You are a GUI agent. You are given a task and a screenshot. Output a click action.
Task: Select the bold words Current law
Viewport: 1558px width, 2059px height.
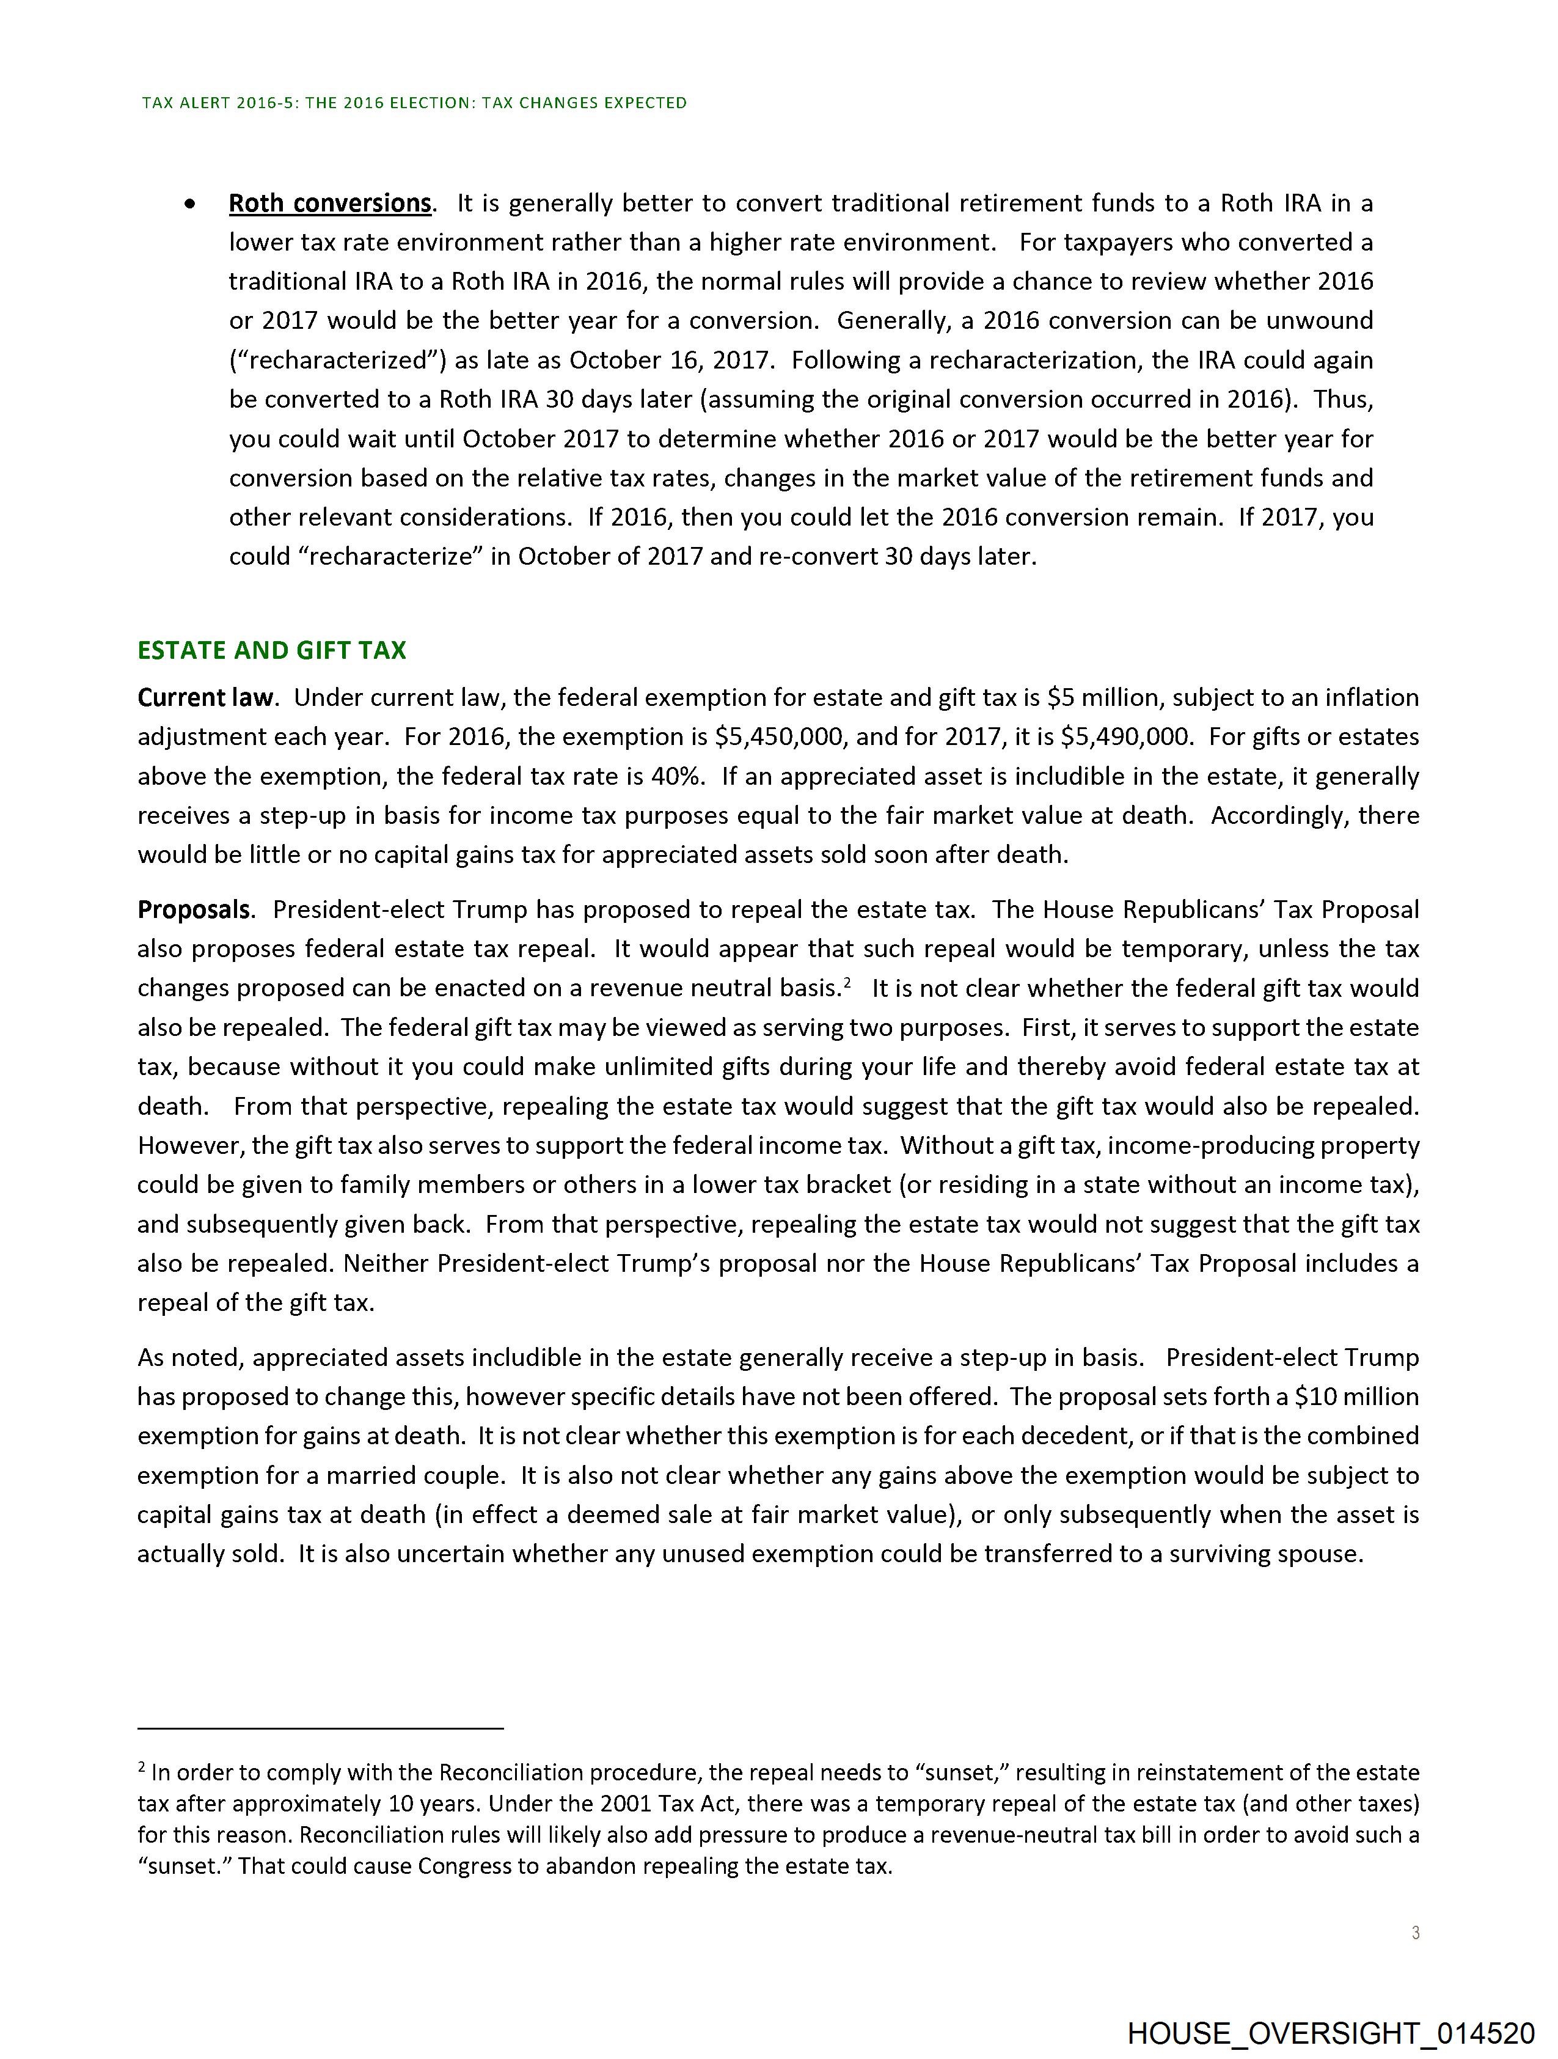point(206,697)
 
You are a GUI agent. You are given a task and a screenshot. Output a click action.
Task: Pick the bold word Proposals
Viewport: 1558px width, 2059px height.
point(194,909)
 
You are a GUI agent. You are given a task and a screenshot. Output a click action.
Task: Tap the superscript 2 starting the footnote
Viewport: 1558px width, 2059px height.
point(142,1767)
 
